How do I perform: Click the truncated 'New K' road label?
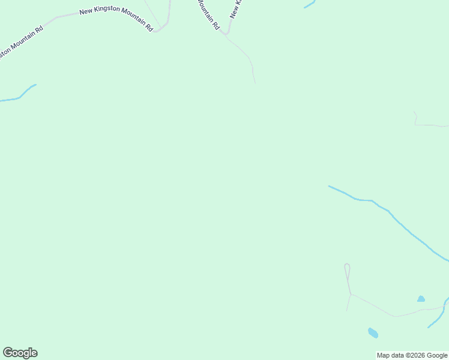coord(235,8)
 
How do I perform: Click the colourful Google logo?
coord(20,353)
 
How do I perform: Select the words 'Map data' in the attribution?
coord(390,355)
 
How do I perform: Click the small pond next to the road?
coord(421,299)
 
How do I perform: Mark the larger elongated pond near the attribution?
coord(373,332)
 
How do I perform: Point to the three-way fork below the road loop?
coord(351,294)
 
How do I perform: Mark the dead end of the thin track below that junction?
coord(255,83)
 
